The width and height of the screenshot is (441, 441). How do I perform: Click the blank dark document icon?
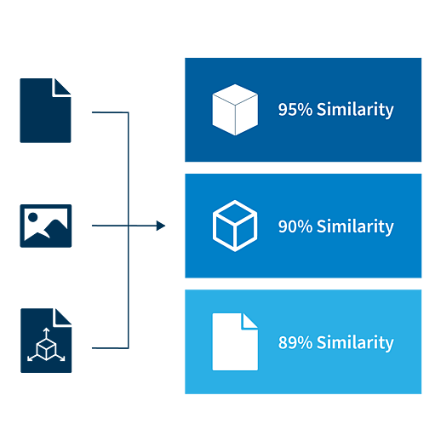click(45, 111)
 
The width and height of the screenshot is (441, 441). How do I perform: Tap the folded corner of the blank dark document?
click(62, 87)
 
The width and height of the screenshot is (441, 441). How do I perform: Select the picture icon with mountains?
click(46, 226)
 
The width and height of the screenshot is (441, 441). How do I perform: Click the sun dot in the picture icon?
click(33, 217)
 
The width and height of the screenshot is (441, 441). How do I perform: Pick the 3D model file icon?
click(46, 341)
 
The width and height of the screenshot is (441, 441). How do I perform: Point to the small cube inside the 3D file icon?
click(46, 349)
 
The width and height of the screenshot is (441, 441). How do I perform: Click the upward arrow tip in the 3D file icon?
click(46, 329)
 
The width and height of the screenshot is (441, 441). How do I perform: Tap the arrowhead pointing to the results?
click(161, 226)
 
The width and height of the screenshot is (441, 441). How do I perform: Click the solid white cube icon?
click(235, 110)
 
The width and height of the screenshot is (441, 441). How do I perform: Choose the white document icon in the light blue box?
click(235, 341)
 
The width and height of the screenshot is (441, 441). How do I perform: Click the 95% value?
click(295, 109)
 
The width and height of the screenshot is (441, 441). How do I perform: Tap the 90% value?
click(295, 226)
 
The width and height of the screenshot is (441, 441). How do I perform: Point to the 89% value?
click(295, 342)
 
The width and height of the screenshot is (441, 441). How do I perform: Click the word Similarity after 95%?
click(355, 110)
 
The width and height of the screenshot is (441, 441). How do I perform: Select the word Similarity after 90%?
click(355, 226)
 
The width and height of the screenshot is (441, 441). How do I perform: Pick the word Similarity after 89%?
click(355, 343)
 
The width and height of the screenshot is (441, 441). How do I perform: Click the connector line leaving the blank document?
click(110, 112)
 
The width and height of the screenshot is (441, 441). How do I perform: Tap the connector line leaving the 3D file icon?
click(110, 348)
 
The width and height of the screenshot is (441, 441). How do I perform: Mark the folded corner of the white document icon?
click(249, 321)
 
